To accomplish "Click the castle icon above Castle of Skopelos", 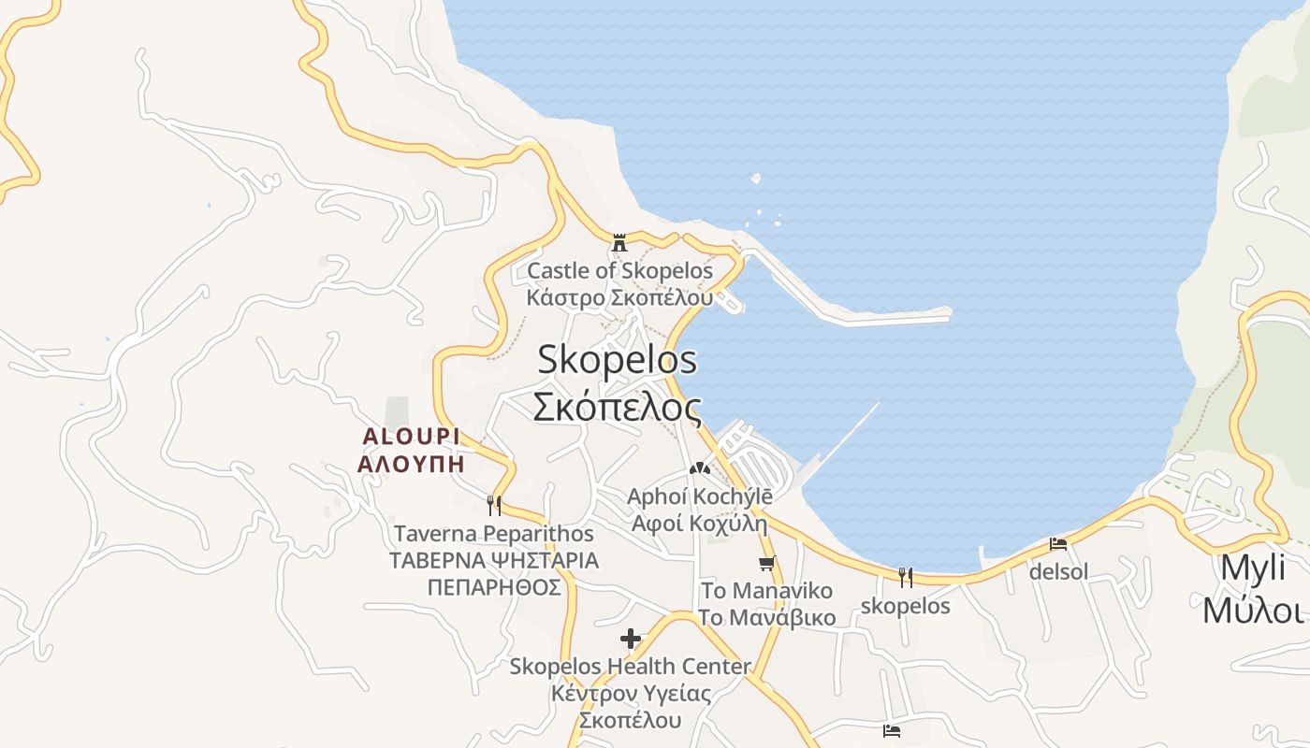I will point(619,244).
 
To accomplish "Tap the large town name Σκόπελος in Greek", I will point(617,407).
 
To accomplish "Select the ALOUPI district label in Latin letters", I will point(411,437).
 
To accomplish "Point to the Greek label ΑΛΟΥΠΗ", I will point(411,464).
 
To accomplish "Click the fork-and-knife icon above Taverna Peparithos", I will point(494,506).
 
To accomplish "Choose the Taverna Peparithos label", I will point(493,534).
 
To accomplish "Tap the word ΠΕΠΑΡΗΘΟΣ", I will point(493,587).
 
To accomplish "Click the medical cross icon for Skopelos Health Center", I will point(631,640).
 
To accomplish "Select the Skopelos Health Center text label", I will point(630,667).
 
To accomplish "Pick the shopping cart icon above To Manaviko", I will point(767,563).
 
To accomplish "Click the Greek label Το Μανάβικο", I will point(766,618).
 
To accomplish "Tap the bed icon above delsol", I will point(1058,543).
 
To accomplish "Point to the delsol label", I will point(1058,570).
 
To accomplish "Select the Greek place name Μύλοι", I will point(1253,611).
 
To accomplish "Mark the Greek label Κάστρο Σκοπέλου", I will point(619,298).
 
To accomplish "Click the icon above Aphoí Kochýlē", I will point(699,468).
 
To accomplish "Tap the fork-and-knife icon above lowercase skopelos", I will point(905,578).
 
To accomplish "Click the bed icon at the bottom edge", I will point(892,731).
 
